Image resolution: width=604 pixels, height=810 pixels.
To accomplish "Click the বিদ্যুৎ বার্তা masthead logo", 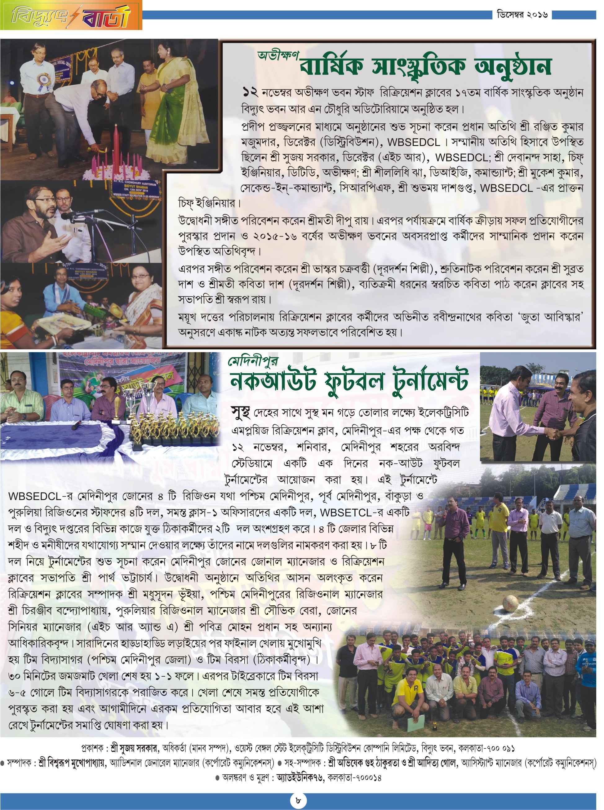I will point(71,15).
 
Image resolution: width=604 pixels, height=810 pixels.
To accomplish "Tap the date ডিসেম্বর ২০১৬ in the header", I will point(522,15).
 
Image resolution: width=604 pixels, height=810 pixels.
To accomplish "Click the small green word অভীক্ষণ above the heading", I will point(278,55).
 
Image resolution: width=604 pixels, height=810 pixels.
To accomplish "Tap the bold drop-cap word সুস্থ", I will point(241,412).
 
